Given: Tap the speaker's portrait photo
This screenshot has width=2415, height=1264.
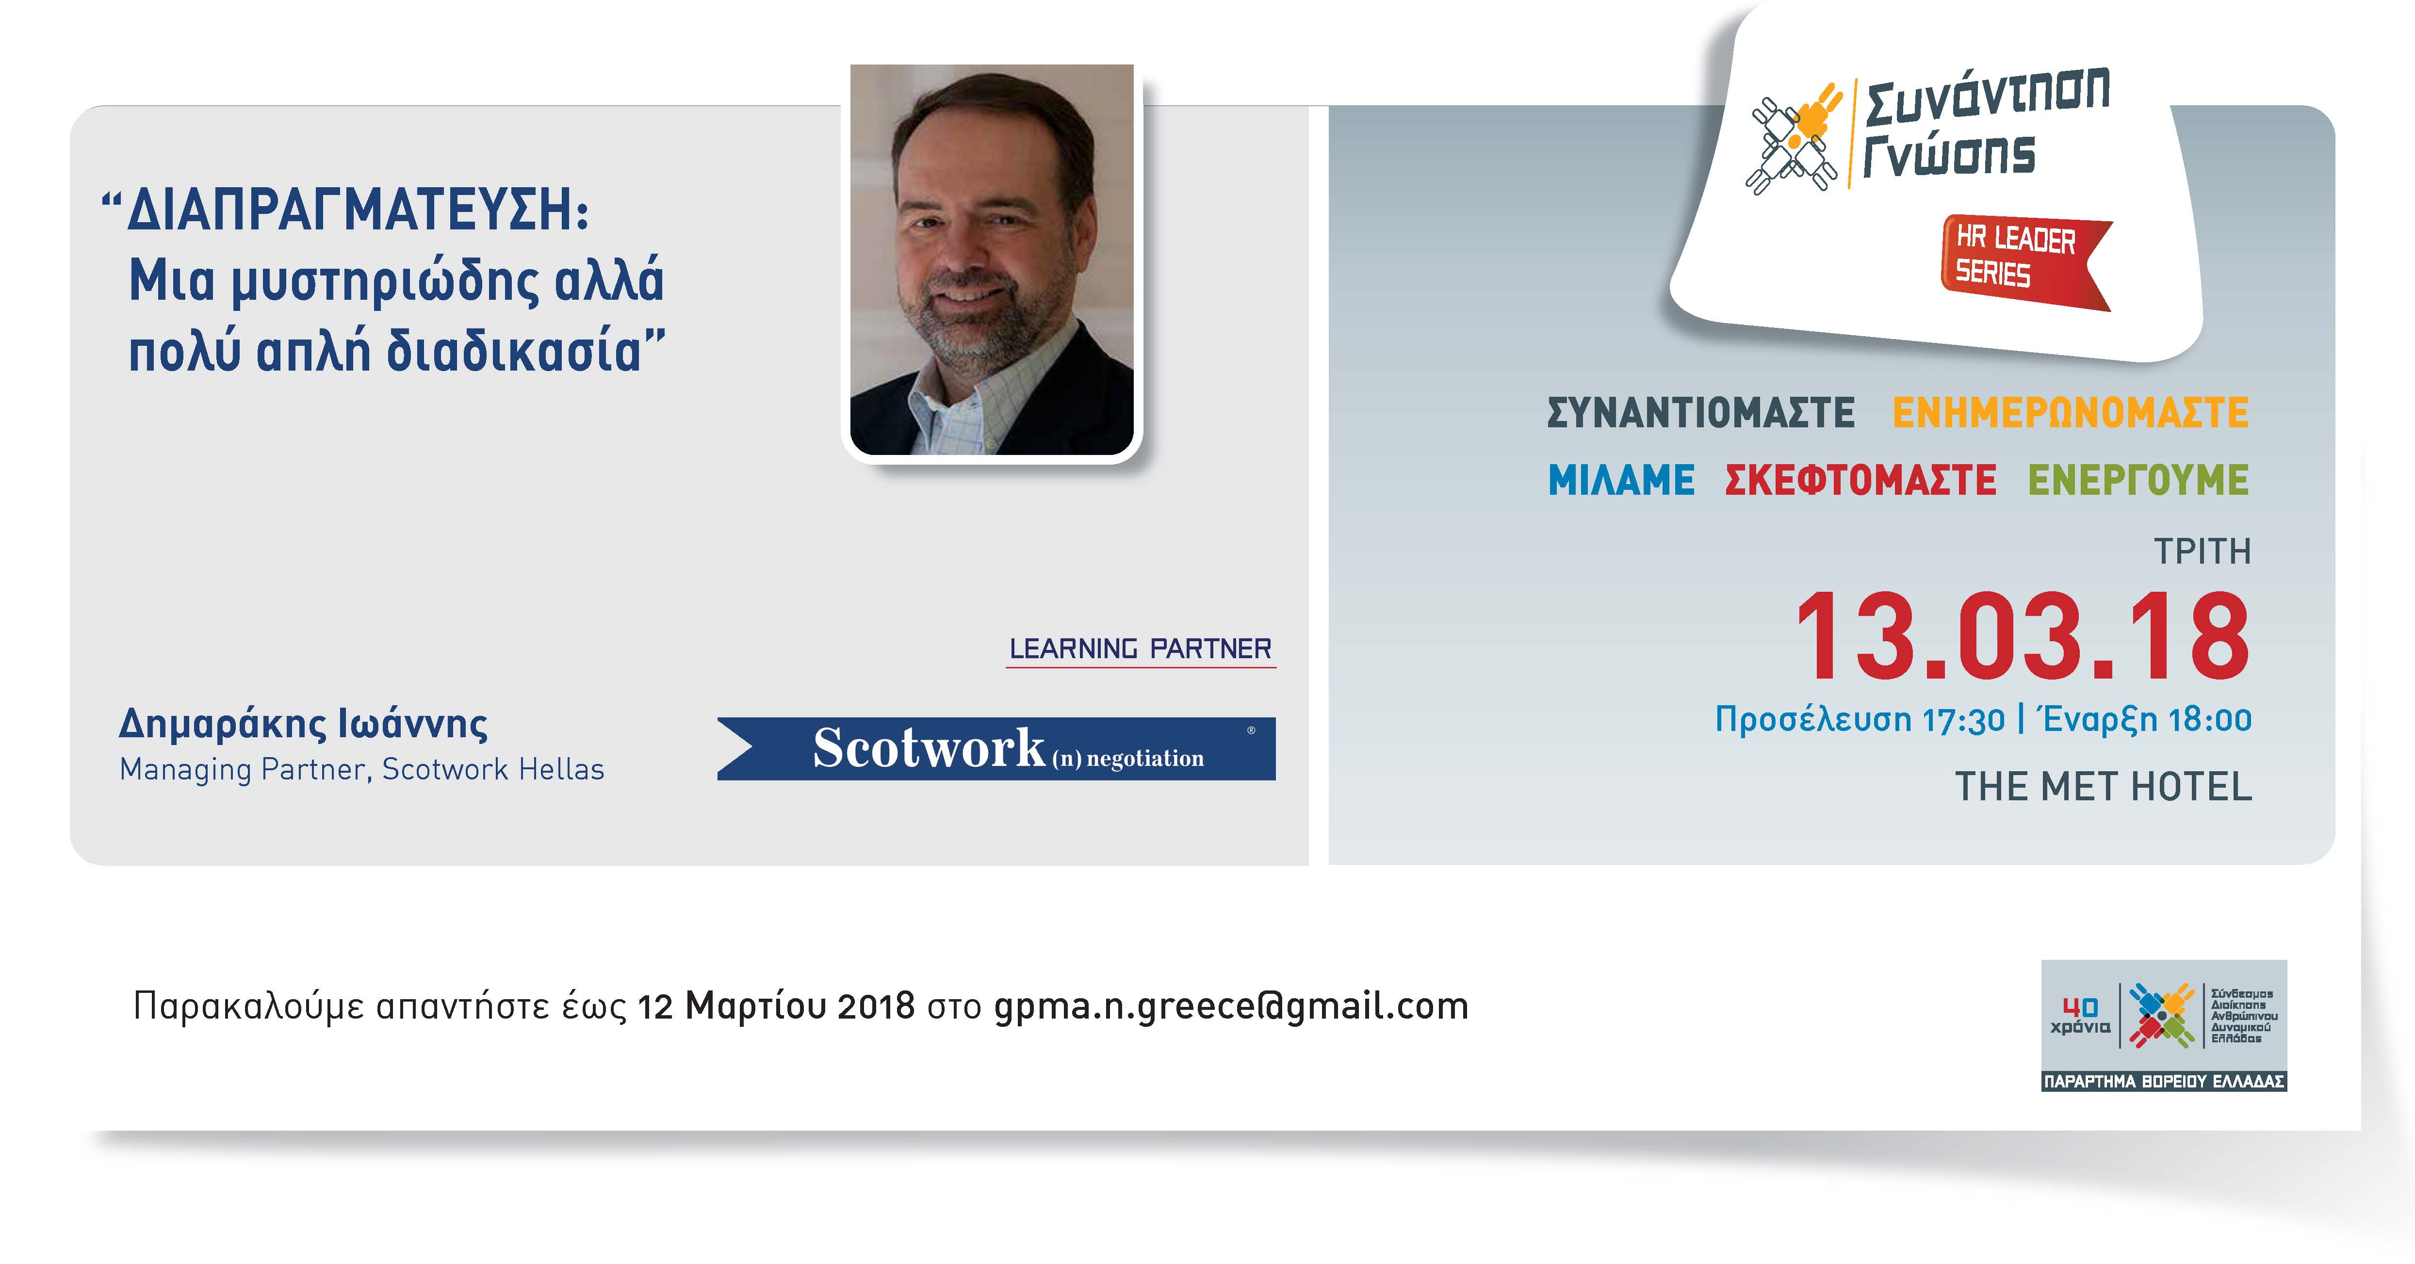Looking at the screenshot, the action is pos(992,259).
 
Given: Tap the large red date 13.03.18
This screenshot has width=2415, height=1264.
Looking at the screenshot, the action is pos(2022,637).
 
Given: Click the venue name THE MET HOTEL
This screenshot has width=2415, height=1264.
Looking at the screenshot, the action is pos(2103,787).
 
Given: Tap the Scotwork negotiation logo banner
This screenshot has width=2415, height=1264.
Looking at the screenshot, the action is pos(996,749).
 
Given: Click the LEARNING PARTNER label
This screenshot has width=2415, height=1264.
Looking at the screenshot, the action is pos(1140,648).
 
